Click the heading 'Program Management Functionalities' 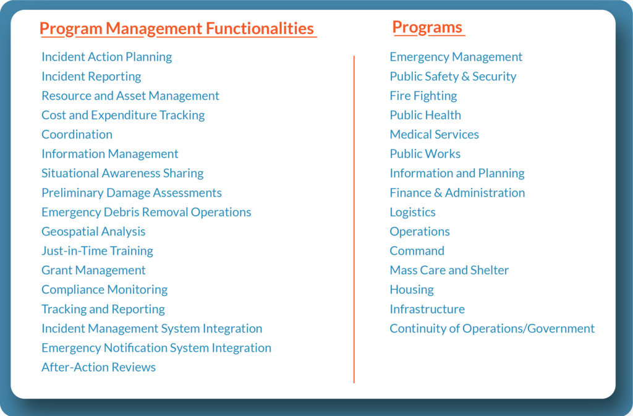[177, 28]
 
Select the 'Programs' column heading [427, 27]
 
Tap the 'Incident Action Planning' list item [106, 57]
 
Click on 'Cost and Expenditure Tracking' [122, 115]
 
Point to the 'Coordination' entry [77, 134]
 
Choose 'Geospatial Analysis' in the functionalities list [93, 231]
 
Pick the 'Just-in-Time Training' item [97, 250]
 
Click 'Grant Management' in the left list [93, 270]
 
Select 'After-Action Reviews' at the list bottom [98, 367]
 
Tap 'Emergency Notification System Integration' [156, 347]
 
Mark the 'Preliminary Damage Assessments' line [131, 192]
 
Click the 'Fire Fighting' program [423, 96]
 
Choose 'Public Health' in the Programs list [425, 115]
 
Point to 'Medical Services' [434, 134]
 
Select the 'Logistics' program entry [412, 212]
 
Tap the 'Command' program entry [417, 250]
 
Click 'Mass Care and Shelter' [449, 270]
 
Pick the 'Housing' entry [411, 289]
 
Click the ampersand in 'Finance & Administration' [438, 193]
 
